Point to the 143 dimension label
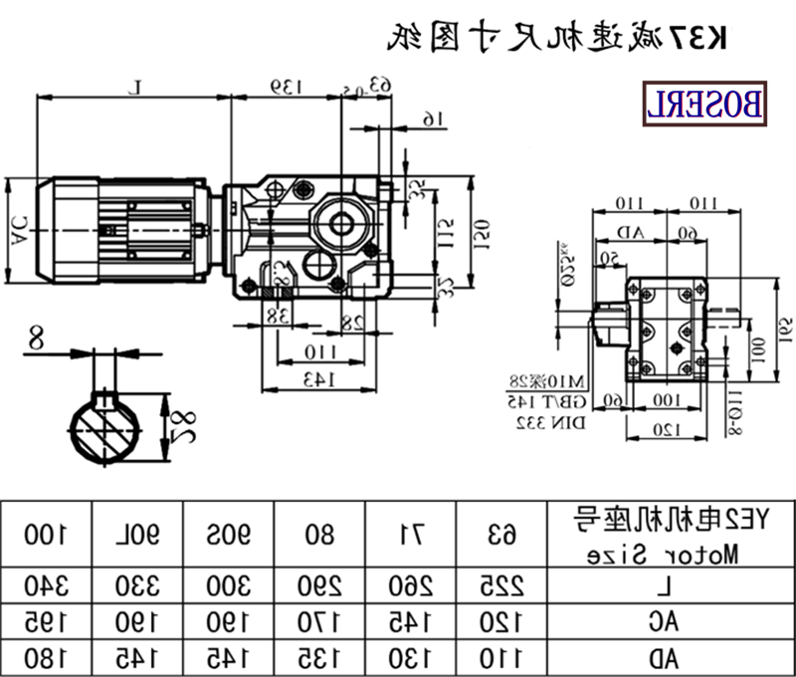coord(317,378)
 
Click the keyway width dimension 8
coord(37,338)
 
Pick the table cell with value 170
coord(320,621)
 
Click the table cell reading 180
coord(46,657)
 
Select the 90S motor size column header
coord(229,534)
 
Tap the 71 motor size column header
coord(411,534)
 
